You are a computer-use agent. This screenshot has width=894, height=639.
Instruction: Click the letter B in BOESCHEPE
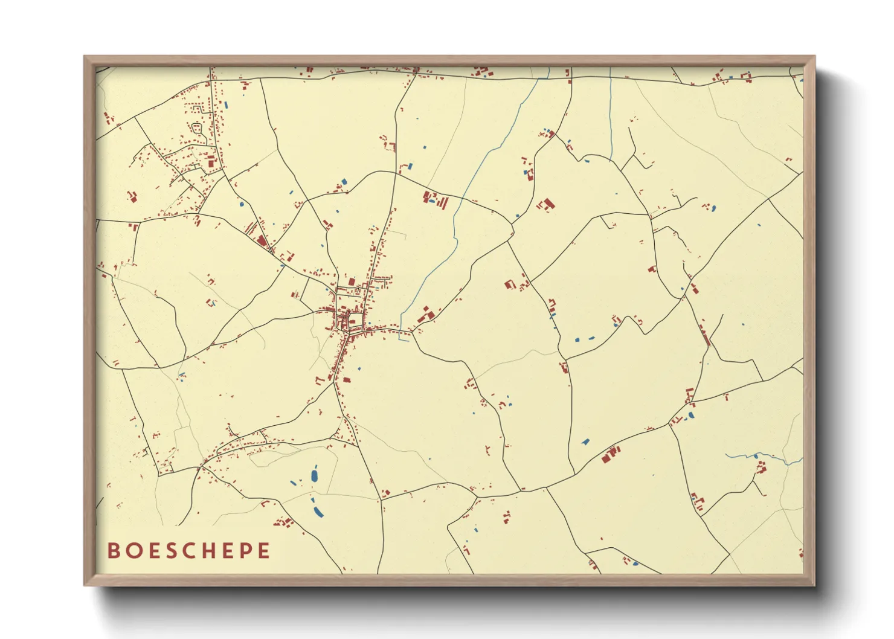pos(112,551)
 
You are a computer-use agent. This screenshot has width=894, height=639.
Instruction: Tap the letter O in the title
pos(133,551)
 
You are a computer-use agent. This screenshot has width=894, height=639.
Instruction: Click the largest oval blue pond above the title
pos(314,475)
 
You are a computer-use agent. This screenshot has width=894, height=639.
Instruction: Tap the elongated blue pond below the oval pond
pos(318,512)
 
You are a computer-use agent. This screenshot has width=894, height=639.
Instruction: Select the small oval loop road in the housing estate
pos(196,128)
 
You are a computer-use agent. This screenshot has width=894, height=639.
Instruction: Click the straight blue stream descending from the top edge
pos(611,115)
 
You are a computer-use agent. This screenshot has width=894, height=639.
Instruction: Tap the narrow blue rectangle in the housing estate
pos(227,104)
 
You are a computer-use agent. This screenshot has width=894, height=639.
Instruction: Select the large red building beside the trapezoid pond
pos(611,454)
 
